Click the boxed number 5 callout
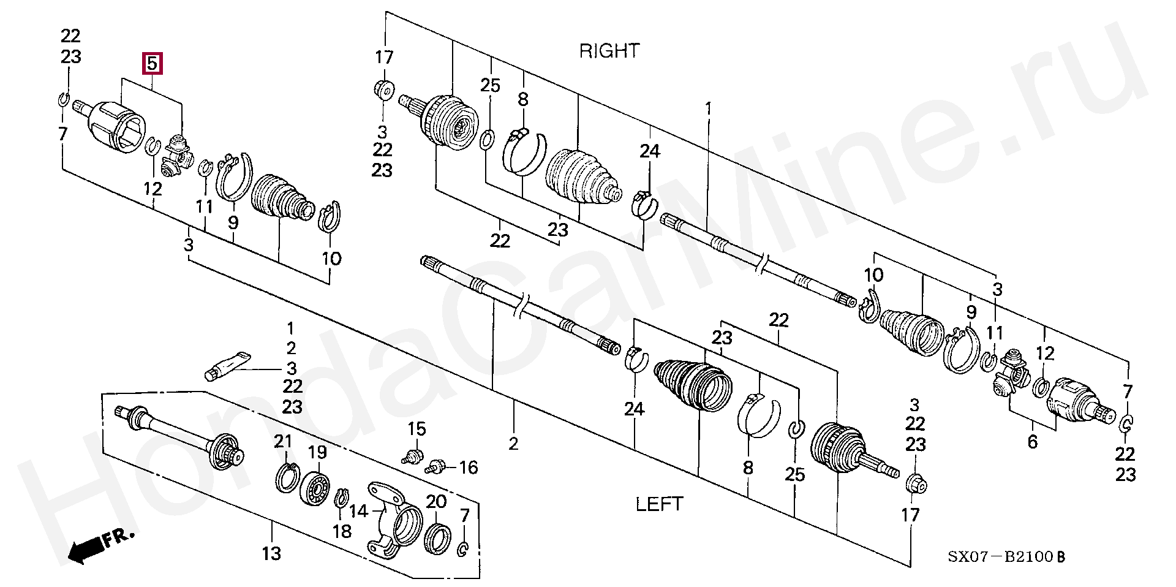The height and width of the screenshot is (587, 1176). pos(153,63)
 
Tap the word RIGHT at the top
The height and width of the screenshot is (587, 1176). pos(609,51)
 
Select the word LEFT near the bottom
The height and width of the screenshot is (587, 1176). pos(658,504)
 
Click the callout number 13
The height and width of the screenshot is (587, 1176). pos(271,553)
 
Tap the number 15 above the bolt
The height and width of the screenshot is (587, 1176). pos(417,429)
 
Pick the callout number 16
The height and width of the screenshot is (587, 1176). pos(468,468)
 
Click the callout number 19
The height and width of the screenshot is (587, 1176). pos(317,453)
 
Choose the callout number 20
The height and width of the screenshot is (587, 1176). pos(436,502)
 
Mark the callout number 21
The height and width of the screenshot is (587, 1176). pos(284,441)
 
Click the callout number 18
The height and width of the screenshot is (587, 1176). pos(342,531)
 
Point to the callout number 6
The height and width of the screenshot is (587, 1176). pos(1033,441)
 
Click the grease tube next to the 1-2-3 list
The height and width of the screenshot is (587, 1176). pos(227,365)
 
